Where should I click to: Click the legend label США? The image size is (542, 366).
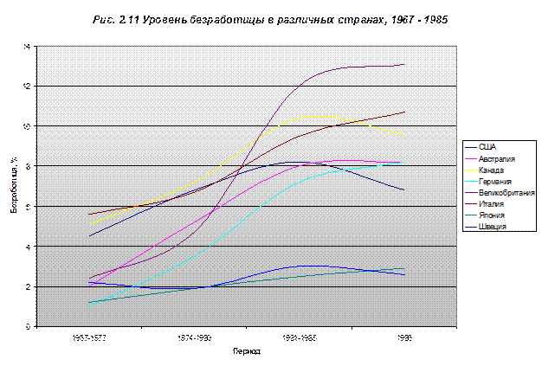coord(487,147)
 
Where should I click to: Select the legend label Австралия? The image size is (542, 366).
coord(497,159)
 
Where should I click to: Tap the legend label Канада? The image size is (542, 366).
coord(491,170)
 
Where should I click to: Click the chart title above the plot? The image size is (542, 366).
coord(271,18)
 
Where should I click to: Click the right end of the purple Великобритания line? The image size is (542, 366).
coord(404,64)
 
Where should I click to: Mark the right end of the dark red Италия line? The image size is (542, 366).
coord(404,112)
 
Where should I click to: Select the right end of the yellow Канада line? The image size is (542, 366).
coord(404,134)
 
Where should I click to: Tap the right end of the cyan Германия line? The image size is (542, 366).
coord(404,163)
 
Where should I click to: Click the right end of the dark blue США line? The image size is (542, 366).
coord(404,189)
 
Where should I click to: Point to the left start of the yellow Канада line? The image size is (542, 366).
coord(89,225)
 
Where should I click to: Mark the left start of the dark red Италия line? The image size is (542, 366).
coord(89,214)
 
